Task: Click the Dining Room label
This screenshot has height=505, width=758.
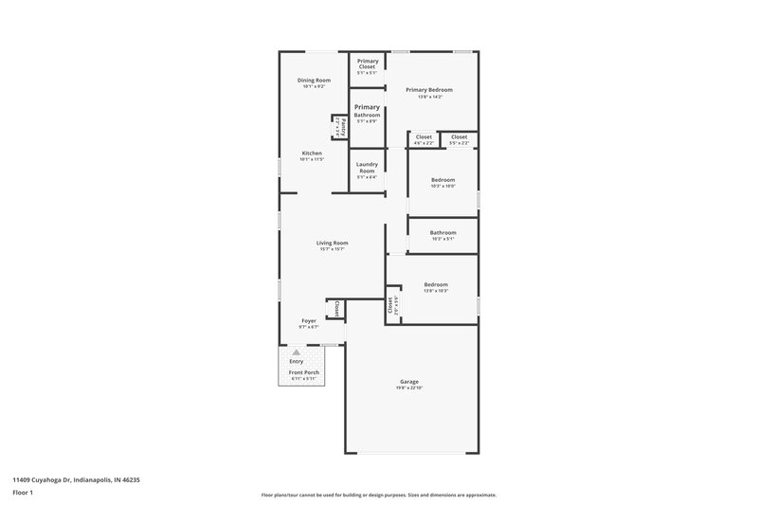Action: [314, 81]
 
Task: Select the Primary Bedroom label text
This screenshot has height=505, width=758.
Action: [429, 90]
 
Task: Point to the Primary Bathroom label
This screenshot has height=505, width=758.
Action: [367, 111]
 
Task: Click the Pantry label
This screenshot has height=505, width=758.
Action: [336, 126]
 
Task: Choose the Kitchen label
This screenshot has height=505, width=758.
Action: [312, 153]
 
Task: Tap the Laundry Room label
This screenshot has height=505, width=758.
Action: [367, 167]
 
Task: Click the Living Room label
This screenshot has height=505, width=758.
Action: [333, 243]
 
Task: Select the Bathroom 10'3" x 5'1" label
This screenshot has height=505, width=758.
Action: [442, 232]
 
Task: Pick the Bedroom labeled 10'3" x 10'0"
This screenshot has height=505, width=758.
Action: [442, 180]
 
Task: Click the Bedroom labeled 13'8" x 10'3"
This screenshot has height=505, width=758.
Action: [436, 284]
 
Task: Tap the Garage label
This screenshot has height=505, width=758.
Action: [408, 382]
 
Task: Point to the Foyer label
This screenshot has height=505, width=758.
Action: [309, 321]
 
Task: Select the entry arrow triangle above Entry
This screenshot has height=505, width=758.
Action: [296, 352]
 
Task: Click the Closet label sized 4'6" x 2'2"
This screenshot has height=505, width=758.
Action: [424, 137]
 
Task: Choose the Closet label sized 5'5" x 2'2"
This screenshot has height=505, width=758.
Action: [459, 137]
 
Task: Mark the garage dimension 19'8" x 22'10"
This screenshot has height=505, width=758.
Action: [408, 388]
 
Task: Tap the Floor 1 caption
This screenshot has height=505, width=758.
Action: [22, 494]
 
